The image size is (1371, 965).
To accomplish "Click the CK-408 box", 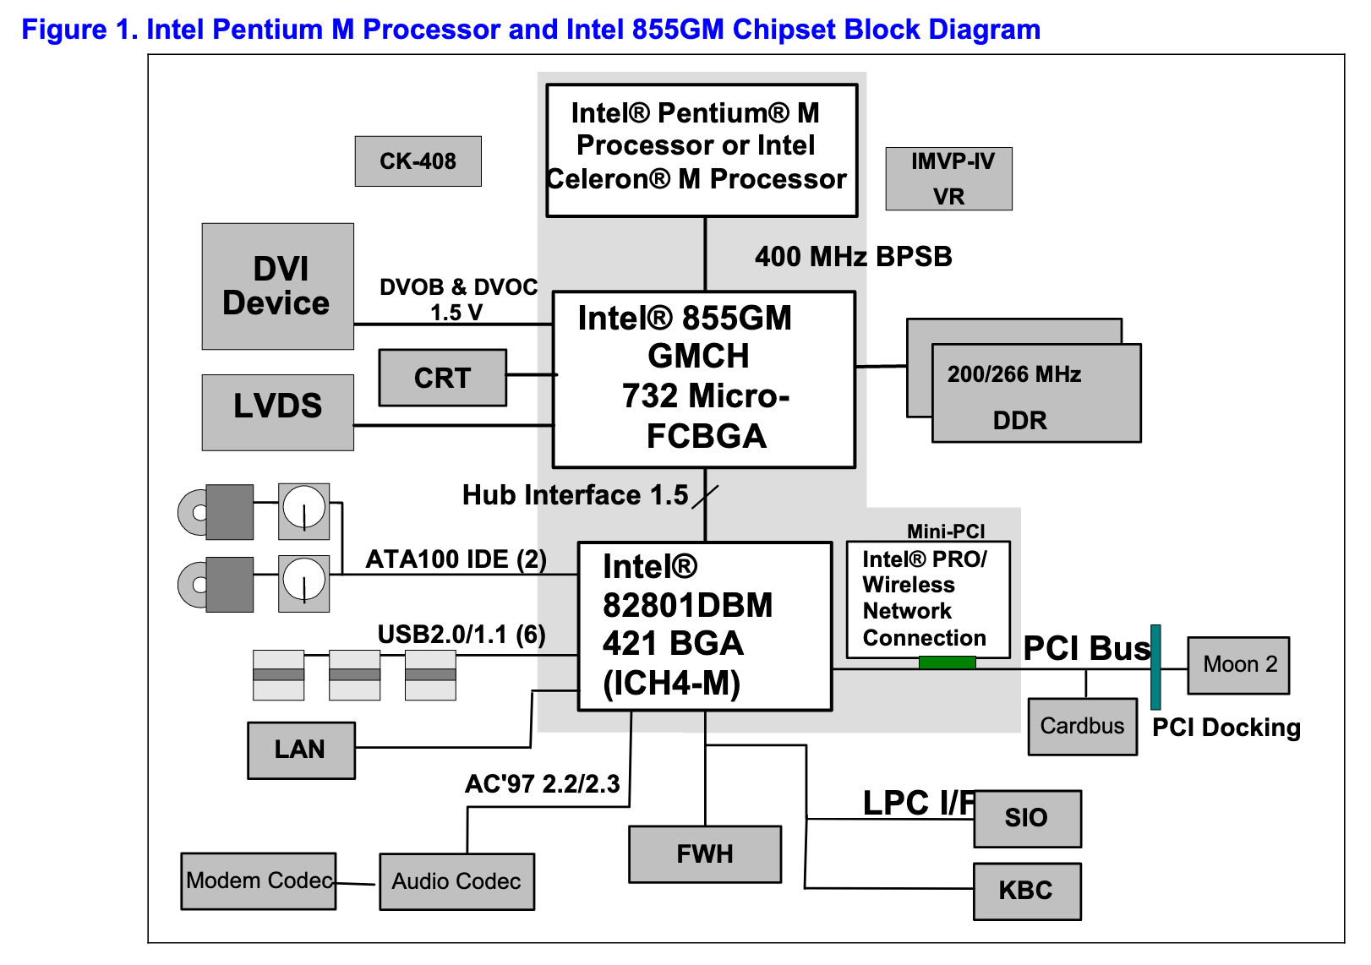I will [x=418, y=161].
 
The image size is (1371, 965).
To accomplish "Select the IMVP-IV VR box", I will [x=948, y=178].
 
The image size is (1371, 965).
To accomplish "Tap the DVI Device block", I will [x=277, y=286].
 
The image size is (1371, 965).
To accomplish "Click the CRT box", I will [x=442, y=378].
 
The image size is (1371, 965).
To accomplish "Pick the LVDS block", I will [x=277, y=412].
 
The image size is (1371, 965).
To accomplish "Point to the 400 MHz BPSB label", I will [x=853, y=256].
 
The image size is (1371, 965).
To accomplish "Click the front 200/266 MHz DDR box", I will [x=1036, y=394].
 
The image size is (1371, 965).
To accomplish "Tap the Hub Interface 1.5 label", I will [x=575, y=495].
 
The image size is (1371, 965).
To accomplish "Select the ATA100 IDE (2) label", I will [x=456, y=559].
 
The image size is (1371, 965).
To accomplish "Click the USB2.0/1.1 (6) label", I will [x=461, y=635].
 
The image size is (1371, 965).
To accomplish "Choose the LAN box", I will [x=301, y=750].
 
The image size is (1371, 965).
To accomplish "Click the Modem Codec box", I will [x=259, y=880].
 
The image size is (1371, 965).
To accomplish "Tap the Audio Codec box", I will [x=456, y=881].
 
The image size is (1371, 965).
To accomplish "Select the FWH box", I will [x=705, y=854].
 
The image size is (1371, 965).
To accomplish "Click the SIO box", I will [x=1027, y=818].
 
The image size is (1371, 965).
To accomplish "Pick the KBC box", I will [x=1027, y=891].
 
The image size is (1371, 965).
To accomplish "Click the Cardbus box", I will [x=1082, y=726].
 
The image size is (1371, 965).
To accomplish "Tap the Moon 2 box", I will [x=1238, y=665].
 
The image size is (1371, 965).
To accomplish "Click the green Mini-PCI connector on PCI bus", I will [x=947, y=662].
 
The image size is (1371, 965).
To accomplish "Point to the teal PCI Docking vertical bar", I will [x=1155, y=667].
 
